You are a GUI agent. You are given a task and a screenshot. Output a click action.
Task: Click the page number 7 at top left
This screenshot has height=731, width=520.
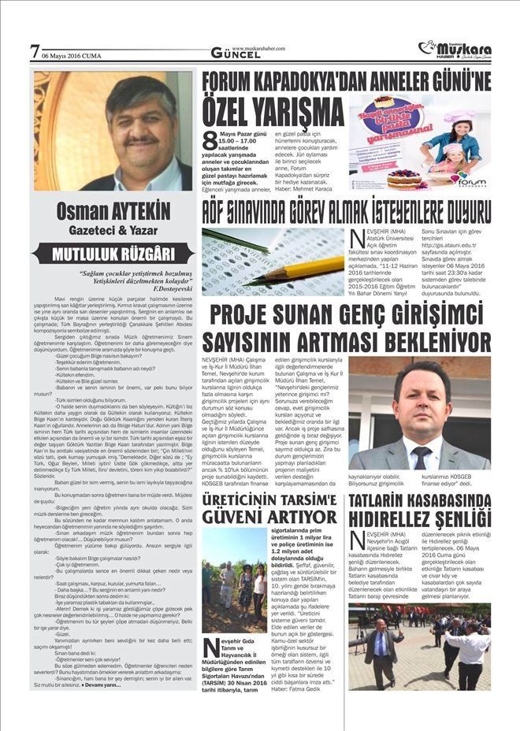[34, 51]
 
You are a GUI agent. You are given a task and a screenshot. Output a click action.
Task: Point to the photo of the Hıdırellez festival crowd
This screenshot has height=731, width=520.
[419, 636]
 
